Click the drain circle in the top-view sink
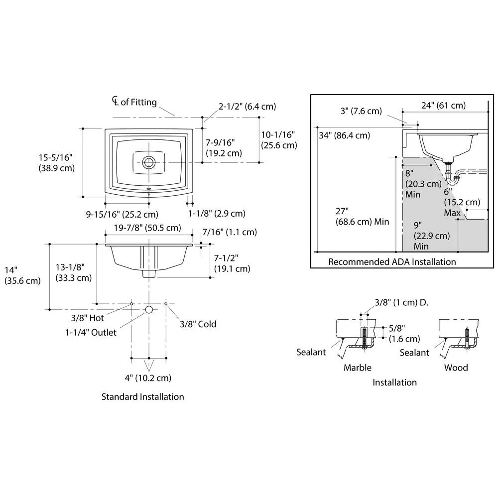tap(148, 162)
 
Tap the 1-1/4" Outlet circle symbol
tap(148, 310)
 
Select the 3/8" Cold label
tap(198, 324)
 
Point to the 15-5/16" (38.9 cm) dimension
tap(56, 163)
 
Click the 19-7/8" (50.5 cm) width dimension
tap(147, 228)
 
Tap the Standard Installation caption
tap(142, 397)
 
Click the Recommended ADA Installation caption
tap(391, 261)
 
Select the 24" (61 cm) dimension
tap(443, 105)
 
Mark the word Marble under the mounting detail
tap(357, 368)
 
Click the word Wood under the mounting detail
tap(456, 368)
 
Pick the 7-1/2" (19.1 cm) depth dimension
tap(232, 263)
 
